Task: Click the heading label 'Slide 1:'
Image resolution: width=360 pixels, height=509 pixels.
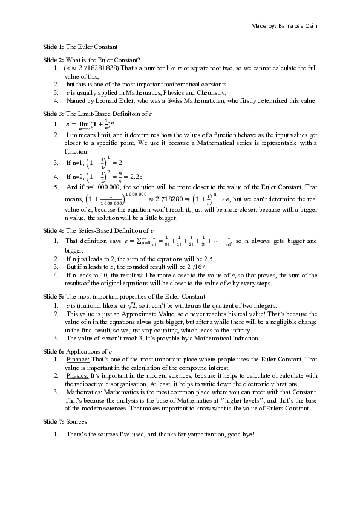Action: tap(53, 47)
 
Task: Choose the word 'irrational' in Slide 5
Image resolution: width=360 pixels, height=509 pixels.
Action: tap(90, 306)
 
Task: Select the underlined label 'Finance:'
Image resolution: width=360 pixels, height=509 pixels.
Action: tap(77, 360)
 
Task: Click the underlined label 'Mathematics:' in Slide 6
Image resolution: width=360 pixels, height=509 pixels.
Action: tap(84, 392)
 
